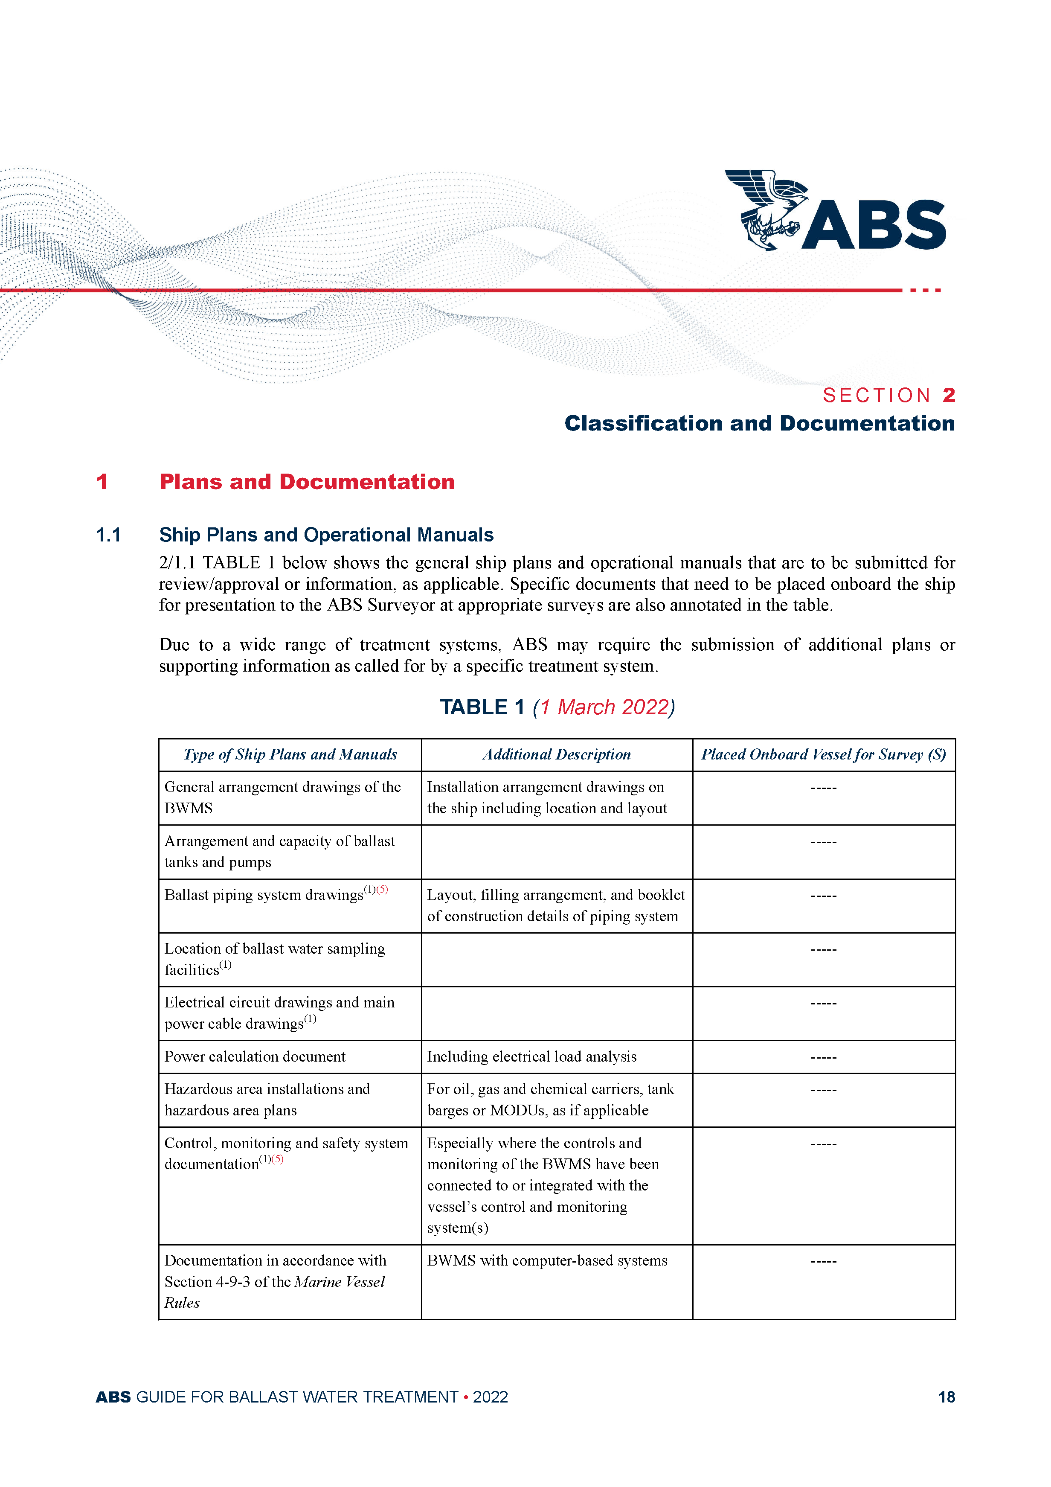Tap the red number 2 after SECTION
coord(949,395)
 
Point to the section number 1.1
coord(108,535)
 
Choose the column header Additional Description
coord(556,754)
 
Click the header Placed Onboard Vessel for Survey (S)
coord(823,754)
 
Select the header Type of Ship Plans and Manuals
coord(290,754)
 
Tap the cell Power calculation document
coord(255,1056)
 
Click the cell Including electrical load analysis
coord(531,1056)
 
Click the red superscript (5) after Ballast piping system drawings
coord(382,889)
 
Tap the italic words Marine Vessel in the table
coord(340,1282)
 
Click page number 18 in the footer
coord(946,1397)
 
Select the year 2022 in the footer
coord(490,1397)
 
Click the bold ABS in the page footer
coord(113,1397)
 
